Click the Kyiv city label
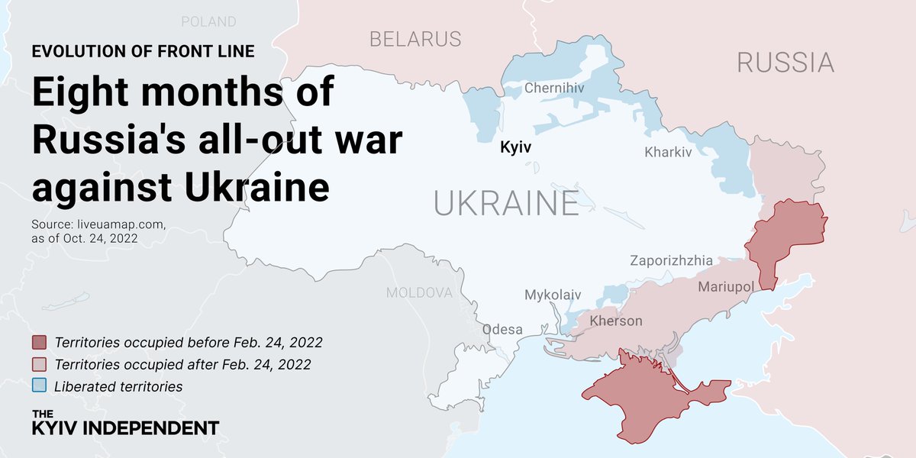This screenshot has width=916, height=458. click(x=515, y=147)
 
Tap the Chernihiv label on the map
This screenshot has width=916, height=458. click(x=553, y=89)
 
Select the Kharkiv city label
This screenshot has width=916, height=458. click(x=667, y=152)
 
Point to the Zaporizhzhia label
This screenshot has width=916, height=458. click(x=671, y=260)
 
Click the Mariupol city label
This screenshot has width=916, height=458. click(x=725, y=287)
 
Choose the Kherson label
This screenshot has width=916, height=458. click(x=616, y=321)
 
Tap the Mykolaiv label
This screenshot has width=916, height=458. click(x=553, y=295)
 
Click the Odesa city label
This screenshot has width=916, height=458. click(x=502, y=330)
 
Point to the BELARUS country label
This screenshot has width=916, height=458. click(x=415, y=39)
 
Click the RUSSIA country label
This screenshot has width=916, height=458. click(x=785, y=63)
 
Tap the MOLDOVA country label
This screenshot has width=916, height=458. click(x=419, y=292)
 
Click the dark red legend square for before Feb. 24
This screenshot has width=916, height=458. click(x=40, y=342)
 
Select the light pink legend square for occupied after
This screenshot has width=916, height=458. click(x=40, y=364)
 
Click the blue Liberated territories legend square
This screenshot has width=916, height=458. click(x=40, y=386)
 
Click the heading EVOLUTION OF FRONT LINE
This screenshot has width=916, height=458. click(x=144, y=52)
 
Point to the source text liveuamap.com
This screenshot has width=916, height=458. click(x=98, y=225)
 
